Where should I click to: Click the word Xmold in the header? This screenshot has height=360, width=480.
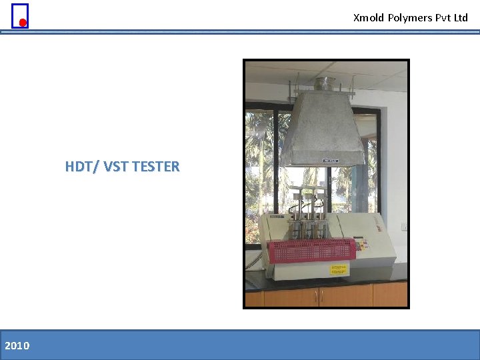(369, 18)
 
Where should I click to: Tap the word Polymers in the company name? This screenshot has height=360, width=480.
(410, 18)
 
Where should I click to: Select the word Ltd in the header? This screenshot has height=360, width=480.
(461, 18)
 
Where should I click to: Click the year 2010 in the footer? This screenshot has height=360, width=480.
(17, 345)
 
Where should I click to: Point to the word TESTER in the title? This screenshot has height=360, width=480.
(156, 167)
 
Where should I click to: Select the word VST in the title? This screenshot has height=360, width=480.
(117, 167)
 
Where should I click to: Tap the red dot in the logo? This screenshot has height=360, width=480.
(23, 23)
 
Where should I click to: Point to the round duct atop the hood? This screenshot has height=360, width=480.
(325, 83)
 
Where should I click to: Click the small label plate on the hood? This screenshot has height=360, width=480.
(331, 160)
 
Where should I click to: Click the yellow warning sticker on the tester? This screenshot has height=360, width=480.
(339, 269)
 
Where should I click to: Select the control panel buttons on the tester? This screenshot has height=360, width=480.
(363, 245)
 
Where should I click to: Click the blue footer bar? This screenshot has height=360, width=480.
(240, 345)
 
